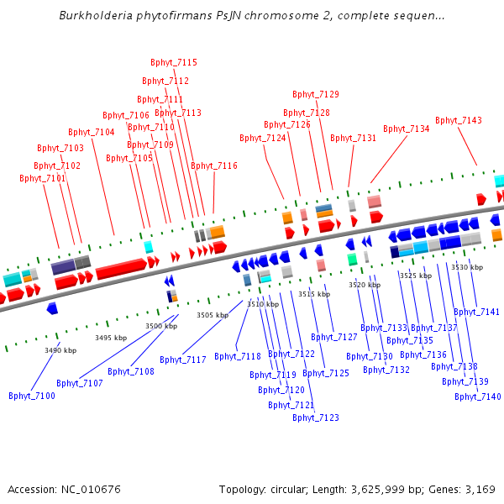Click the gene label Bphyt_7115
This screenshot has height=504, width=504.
174,62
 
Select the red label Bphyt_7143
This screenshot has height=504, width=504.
459,120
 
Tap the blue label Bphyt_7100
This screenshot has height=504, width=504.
32,396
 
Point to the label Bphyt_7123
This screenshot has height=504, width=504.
316,417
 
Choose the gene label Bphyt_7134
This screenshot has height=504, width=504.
407,129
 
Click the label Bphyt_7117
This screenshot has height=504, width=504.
183,360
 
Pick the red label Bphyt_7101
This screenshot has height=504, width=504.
43,178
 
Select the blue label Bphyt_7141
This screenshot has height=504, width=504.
476,312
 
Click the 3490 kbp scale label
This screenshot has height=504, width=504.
60,350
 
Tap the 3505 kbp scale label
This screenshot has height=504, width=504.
213,315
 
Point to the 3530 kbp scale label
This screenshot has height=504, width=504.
467,267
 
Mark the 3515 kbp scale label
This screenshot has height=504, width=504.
314,294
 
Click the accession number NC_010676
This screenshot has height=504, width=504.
91,489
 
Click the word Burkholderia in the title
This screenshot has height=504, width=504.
96,15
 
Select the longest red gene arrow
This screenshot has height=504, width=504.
121,268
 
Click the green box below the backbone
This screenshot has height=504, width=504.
352,259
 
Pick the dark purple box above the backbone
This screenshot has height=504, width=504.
63,267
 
